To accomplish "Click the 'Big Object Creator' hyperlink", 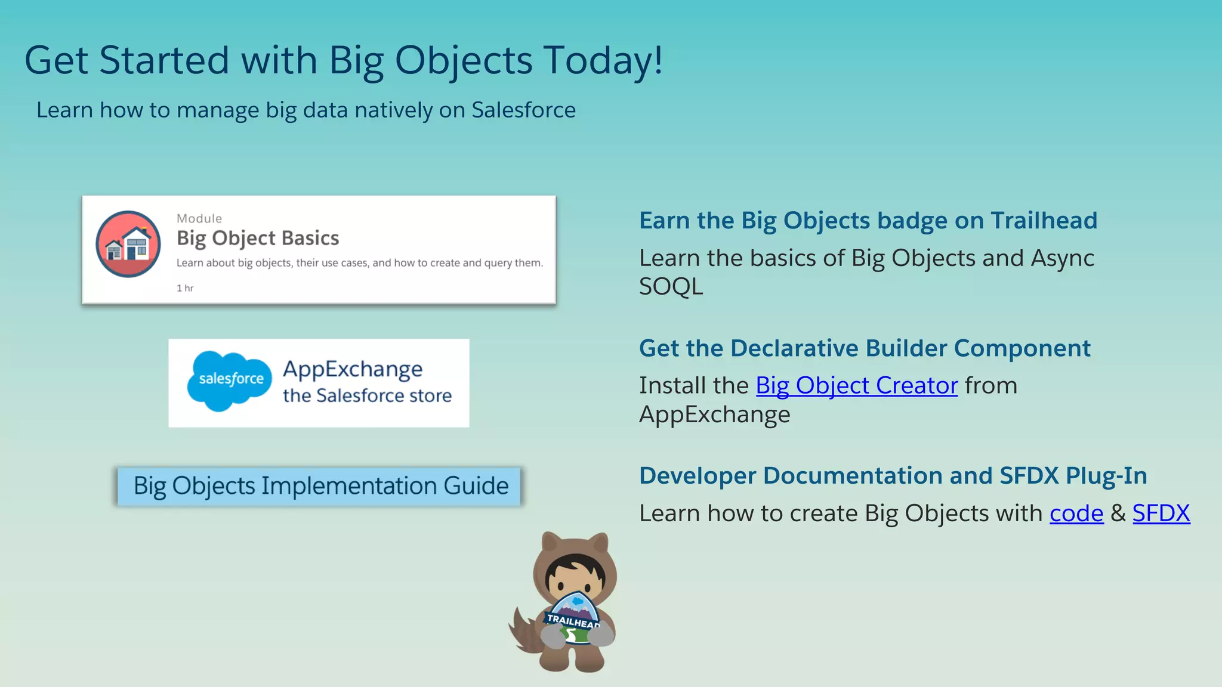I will point(856,386).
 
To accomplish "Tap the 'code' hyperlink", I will point(1076,513).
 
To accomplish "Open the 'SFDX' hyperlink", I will point(1161,513).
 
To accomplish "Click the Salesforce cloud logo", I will point(230,380).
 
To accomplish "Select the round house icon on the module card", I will point(128,244).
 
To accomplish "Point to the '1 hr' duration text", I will point(185,288).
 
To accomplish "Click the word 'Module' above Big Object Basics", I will point(199,218).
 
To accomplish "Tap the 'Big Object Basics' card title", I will point(258,238).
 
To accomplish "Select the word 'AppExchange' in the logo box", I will point(353,369).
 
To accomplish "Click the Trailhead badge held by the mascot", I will point(573,617).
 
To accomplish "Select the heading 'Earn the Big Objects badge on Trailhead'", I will point(868,221).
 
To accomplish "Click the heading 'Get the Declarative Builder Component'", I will point(864,348).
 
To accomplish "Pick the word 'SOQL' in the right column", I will point(671,287).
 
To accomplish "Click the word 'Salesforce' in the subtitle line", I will point(523,110).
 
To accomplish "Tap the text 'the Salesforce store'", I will point(367,395).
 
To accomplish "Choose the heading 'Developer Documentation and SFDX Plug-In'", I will point(893,476).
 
